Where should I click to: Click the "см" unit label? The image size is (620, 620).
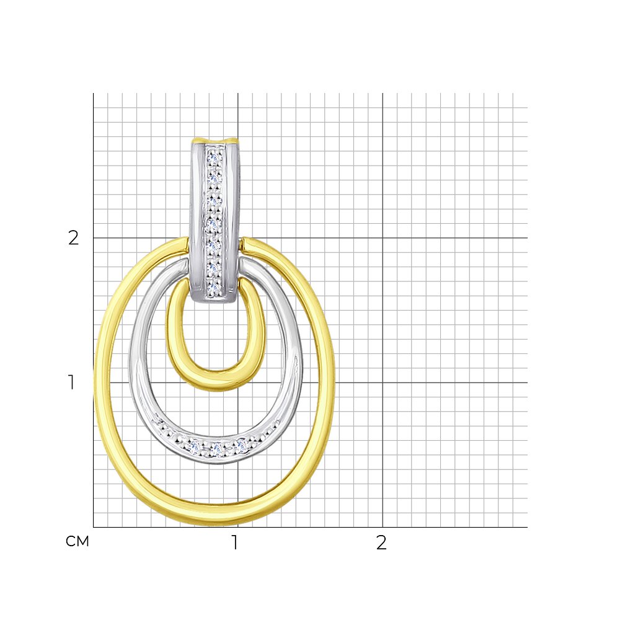coord(77,542)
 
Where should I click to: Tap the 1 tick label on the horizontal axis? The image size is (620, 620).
coord(235,543)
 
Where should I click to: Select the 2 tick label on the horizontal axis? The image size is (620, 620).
coord(381,543)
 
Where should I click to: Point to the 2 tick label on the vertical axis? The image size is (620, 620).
coord(74,237)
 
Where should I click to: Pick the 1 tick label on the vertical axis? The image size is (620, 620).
coord(71,383)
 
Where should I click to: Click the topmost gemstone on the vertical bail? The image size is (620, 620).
coord(216,158)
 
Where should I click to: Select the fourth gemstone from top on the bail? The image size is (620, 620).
coord(215,223)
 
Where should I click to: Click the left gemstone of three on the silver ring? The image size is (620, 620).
coord(195,447)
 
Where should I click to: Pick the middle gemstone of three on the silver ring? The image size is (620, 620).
coord(218,449)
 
